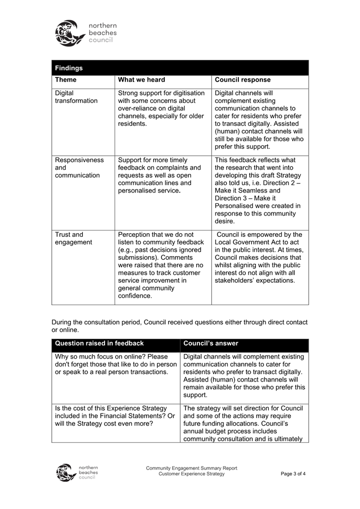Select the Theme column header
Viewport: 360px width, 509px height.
coord(66,80)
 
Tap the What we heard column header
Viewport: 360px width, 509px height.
coord(141,80)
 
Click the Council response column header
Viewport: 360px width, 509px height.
coord(242,80)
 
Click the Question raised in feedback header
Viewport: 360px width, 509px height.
coord(99,343)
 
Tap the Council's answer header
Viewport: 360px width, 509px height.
coord(211,343)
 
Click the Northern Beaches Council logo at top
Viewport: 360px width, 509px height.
coord(85,33)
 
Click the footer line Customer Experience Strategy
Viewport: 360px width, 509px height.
coord(191,474)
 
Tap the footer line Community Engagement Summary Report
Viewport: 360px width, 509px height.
coord(191,468)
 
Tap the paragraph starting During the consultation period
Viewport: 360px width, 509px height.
coord(179,326)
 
